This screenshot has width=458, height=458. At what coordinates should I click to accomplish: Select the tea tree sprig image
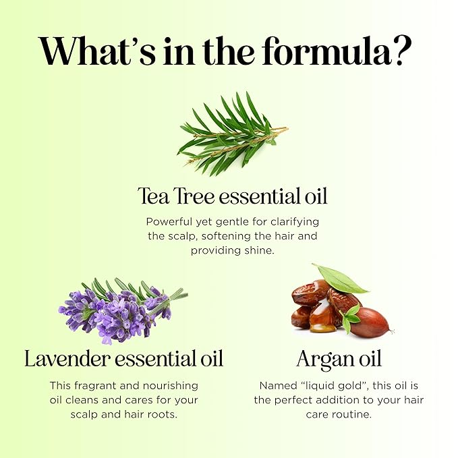click(x=232, y=133)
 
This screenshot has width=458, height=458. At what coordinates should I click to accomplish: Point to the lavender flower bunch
click(x=121, y=308)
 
